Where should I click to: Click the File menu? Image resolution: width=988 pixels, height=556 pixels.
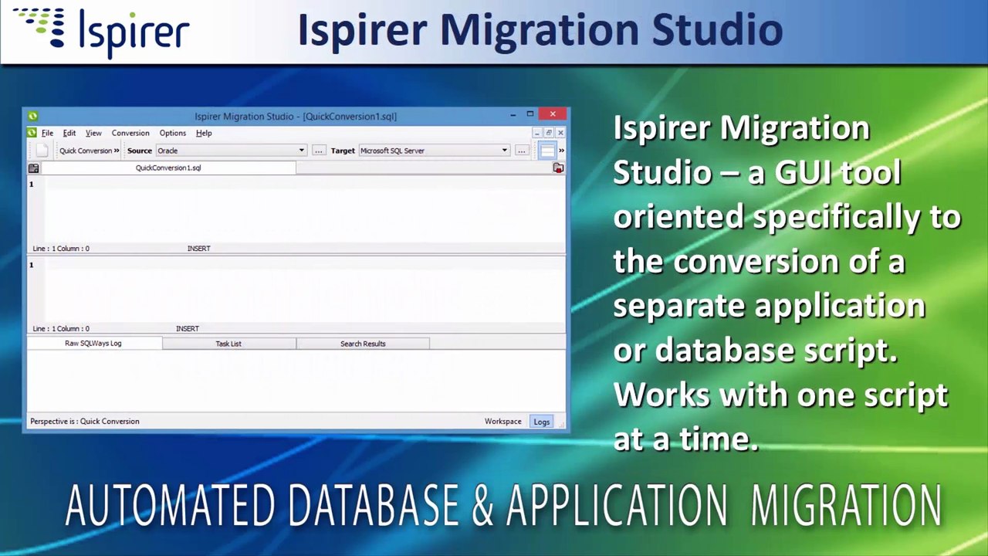pos(47,133)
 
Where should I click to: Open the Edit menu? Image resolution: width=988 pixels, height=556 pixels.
pos(69,133)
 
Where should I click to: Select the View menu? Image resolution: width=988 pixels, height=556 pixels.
pos(93,133)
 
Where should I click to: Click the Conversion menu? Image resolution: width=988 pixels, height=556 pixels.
pos(130,133)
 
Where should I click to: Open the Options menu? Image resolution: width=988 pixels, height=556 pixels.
pos(172,133)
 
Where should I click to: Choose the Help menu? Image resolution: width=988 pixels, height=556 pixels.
pos(204,133)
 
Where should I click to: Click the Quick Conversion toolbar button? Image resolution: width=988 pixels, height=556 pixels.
pos(88,151)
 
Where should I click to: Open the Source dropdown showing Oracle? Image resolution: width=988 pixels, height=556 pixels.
pos(231,151)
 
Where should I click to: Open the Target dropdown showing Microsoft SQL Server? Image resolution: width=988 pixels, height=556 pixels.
pos(434,151)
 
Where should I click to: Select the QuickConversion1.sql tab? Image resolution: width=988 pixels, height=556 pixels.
pos(168,168)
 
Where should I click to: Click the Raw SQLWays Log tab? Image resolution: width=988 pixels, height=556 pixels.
pos(93,344)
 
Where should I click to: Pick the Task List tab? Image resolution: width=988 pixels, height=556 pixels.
pos(228,344)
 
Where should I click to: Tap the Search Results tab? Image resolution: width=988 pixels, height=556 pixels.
pos(363,344)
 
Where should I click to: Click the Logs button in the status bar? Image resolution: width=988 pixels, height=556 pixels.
pos(542,422)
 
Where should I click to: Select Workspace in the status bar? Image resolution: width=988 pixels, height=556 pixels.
pos(502,422)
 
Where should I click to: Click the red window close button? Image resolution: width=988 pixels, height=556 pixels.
pos(553,115)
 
